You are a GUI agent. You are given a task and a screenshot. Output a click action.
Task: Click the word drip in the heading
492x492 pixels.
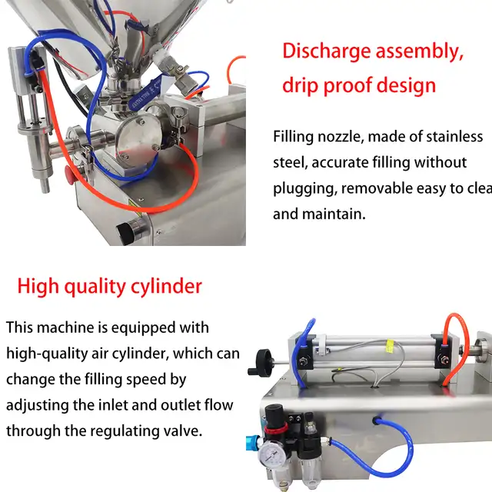[x=301, y=85]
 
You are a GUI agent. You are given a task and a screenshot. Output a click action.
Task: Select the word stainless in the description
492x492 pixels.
[x=448, y=137]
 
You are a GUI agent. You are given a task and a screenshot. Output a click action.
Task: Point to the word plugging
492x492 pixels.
[x=304, y=188]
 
